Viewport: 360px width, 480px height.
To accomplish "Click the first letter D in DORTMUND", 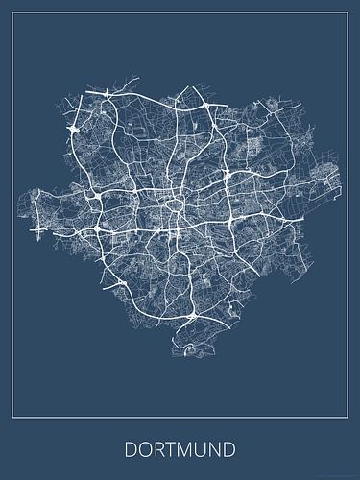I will coord(128,448).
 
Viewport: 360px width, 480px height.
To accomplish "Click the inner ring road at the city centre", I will coord(175,204).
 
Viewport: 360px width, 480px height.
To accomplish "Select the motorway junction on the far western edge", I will coord(38,230).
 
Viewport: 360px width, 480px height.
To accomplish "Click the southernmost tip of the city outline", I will coord(192,357).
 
